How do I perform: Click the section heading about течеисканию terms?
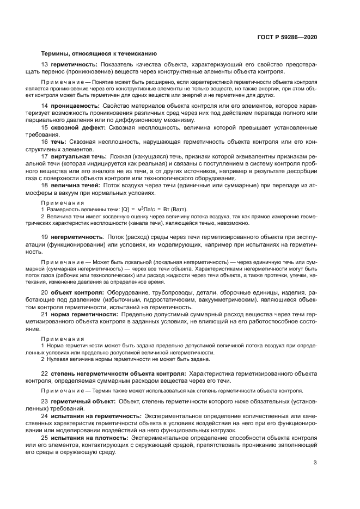click(x=99, y=54)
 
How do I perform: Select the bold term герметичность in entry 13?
click(x=74, y=65)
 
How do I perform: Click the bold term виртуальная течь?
click(x=79, y=156)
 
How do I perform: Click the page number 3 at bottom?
click(x=315, y=463)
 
